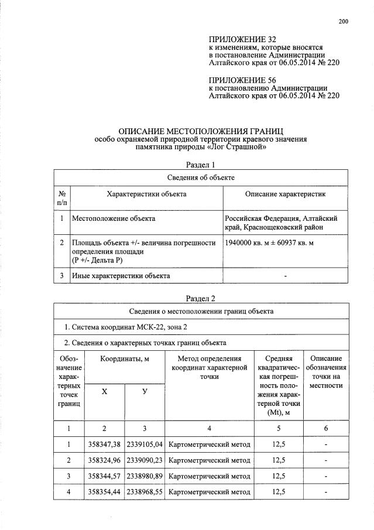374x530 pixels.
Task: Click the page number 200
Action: tap(343, 22)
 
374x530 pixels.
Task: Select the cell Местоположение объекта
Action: tap(114, 218)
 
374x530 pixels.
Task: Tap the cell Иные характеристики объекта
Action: tap(121, 275)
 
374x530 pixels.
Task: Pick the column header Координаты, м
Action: tap(124, 358)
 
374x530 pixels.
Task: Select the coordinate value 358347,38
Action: tap(104, 444)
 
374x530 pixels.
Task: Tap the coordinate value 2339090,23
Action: tap(145, 460)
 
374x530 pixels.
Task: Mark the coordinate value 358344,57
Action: tap(104, 476)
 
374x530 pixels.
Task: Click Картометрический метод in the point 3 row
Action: tap(209, 476)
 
